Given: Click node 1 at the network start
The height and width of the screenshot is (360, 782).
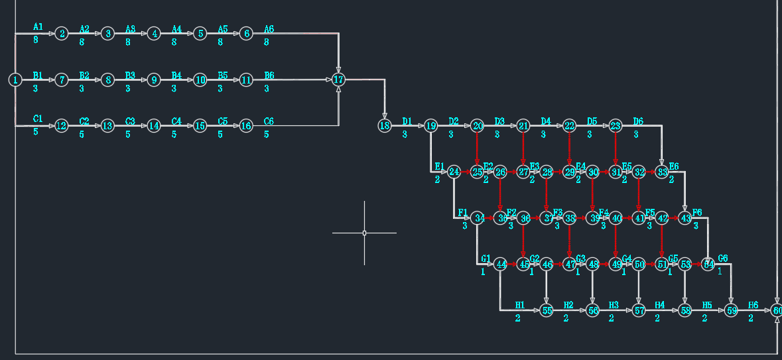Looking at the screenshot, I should [x=15, y=80].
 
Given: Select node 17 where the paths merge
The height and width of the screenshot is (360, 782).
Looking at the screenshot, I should [x=338, y=80].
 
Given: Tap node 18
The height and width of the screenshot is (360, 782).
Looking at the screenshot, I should [x=384, y=125].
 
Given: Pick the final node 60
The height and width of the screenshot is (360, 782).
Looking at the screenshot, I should [x=777, y=310].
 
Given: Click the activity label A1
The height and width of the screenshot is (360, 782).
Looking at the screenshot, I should [x=38, y=27].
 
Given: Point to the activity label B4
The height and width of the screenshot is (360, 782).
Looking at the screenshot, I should [x=176, y=75].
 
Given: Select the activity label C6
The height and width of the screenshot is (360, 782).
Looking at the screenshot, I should [x=269, y=121].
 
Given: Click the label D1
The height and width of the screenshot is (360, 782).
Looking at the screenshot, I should [x=407, y=121].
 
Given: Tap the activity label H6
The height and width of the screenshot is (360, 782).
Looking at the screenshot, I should [x=753, y=305].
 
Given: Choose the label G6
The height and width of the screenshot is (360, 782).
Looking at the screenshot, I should [x=723, y=259].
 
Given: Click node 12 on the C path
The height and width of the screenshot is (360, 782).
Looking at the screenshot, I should [x=62, y=125].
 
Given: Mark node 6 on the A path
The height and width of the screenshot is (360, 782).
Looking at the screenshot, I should [x=246, y=33].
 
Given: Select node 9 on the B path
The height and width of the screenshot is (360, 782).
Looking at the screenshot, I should [x=154, y=80].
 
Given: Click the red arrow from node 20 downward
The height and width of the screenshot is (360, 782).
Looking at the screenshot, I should [x=477, y=149].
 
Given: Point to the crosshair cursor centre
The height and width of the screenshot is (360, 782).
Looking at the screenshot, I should [x=364, y=233].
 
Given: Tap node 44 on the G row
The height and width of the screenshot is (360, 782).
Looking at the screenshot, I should [x=501, y=265].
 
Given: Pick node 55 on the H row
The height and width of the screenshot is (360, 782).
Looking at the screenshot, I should [x=547, y=310].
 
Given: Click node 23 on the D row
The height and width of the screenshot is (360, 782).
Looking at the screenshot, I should [x=616, y=125].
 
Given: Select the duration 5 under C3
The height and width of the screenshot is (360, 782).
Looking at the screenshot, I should [x=128, y=134].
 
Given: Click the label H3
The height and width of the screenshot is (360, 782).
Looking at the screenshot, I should [x=614, y=305].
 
